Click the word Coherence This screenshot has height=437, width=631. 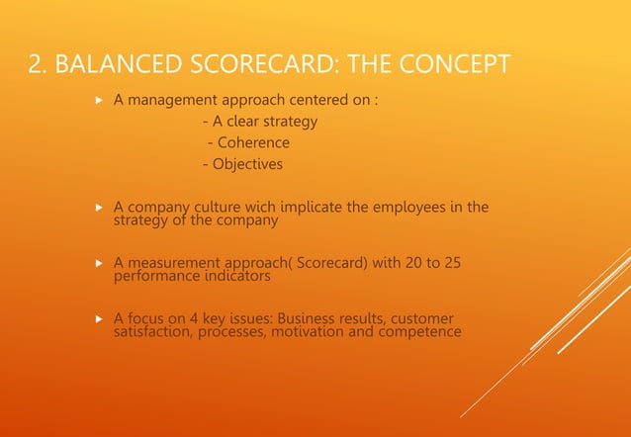pyautogui.click(x=254, y=143)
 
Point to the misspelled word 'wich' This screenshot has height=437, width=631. pyautogui.click(x=277, y=207)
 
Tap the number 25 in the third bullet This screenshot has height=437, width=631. pyautogui.click(x=451, y=263)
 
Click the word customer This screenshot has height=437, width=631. pyautogui.click(x=423, y=319)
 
